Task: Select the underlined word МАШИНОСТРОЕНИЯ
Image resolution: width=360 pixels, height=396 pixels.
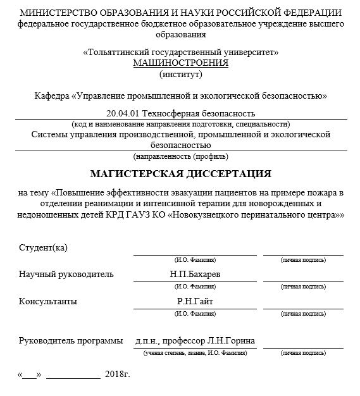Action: click(180, 63)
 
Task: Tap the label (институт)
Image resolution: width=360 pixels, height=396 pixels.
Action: click(180, 75)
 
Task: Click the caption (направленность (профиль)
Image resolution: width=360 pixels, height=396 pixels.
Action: click(180, 156)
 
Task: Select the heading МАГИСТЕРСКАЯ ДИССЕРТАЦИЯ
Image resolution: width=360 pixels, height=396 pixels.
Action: click(180, 173)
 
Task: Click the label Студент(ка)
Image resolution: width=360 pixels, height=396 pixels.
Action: click(43, 247)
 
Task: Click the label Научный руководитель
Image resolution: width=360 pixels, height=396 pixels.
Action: click(66, 275)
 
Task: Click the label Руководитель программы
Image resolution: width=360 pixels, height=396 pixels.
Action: click(71, 341)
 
